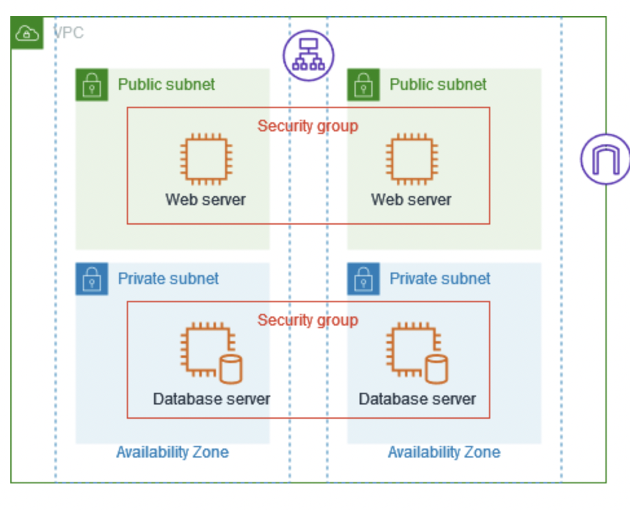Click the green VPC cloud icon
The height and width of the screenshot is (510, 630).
[27, 33]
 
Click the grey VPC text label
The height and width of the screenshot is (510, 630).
[69, 33]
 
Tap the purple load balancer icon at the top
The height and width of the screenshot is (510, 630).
[309, 56]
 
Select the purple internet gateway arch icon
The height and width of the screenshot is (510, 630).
[605, 159]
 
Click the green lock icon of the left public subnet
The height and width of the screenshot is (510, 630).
[92, 85]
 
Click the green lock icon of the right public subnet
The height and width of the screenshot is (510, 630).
[364, 85]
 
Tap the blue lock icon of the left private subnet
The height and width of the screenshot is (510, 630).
[92, 279]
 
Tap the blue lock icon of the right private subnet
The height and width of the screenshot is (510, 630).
[364, 279]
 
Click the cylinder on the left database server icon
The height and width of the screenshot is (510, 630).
[230, 369]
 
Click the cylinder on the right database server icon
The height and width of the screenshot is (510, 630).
[437, 369]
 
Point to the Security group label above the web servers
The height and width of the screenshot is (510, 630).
[308, 126]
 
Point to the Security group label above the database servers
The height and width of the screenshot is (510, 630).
[308, 320]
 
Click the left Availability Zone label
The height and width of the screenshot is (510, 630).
[172, 452]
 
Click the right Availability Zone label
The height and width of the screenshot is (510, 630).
[444, 452]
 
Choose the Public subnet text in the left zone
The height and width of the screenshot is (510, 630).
[166, 84]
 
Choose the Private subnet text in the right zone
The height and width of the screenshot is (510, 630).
[440, 278]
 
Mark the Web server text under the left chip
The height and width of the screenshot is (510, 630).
[206, 199]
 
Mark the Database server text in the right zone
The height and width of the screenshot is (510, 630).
[417, 399]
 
